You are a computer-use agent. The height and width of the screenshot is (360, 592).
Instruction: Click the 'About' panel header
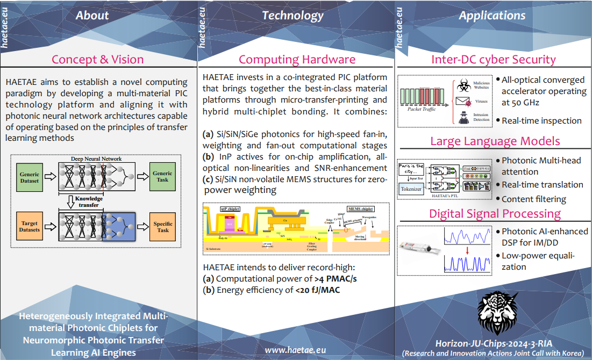point(92,16)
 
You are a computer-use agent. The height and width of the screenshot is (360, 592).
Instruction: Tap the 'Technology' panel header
point(293,16)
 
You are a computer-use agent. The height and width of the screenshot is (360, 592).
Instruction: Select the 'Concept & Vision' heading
point(97,59)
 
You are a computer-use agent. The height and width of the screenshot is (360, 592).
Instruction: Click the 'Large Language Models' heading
point(495,141)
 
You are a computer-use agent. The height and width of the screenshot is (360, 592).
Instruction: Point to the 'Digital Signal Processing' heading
point(495,213)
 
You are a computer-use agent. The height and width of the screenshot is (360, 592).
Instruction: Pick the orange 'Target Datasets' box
point(30,226)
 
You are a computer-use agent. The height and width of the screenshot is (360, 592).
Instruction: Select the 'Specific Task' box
point(162,227)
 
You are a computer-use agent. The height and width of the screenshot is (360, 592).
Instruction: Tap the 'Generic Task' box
point(162,176)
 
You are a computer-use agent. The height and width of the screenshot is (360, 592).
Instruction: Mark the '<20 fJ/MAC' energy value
point(317,290)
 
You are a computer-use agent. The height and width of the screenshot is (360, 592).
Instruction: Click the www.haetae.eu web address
point(295,349)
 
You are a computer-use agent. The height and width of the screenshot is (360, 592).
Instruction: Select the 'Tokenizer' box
point(411,189)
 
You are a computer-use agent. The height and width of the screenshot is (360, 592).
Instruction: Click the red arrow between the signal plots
point(467,249)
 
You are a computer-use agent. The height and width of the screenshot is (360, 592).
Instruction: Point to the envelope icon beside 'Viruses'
point(462,100)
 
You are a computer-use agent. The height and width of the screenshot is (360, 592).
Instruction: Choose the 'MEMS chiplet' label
point(359,209)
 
